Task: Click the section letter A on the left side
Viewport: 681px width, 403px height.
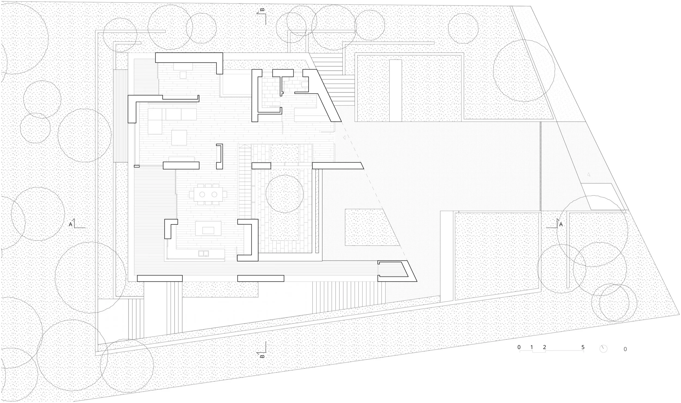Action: tap(71, 224)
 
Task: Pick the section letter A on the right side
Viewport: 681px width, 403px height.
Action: tap(561, 224)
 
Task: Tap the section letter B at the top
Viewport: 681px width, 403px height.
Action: tap(262, 10)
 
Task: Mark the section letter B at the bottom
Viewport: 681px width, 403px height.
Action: tap(262, 356)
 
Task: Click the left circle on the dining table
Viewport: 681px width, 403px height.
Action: tap(202, 194)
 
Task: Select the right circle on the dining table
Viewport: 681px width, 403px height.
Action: tap(214, 194)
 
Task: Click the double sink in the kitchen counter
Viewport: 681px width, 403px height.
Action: tap(204, 253)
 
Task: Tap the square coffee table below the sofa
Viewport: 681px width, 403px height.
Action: tap(179, 138)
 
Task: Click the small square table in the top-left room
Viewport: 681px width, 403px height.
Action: tap(183, 75)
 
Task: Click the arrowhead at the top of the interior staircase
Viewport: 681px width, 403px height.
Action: tap(245, 146)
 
